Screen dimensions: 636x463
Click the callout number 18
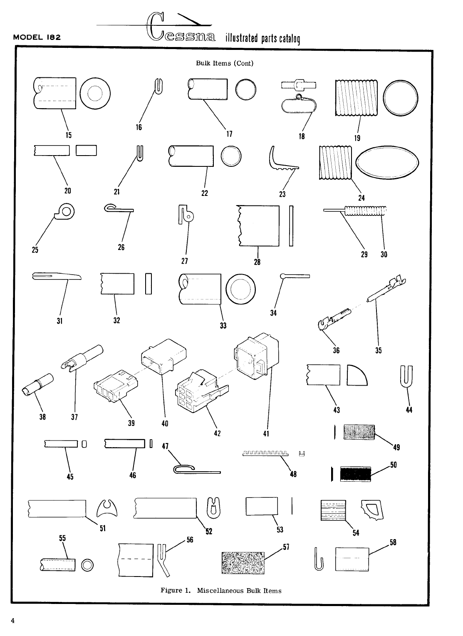[302, 136]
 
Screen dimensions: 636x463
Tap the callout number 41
[266, 433]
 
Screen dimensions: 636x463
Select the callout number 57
[286, 547]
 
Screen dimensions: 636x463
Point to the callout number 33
[223, 325]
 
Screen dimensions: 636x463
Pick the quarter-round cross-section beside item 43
[357, 375]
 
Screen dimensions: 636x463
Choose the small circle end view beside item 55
[88, 565]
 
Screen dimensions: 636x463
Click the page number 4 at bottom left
[13, 621]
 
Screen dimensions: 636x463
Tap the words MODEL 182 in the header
[37, 37]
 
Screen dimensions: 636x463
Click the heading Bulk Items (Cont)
[225, 63]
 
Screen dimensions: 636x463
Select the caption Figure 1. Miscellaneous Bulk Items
[221, 591]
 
